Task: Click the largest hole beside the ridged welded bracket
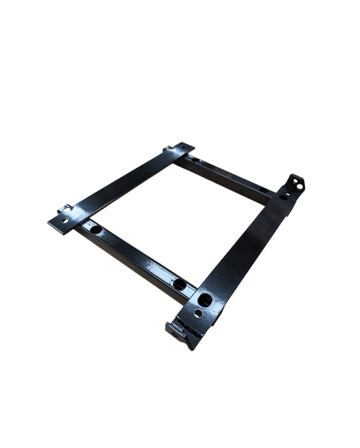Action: (x=205, y=300)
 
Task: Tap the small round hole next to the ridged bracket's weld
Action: (x=198, y=314)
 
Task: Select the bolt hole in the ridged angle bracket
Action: (x=175, y=335)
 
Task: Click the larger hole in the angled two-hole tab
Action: (x=300, y=186)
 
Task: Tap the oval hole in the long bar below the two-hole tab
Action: (x=283, y=197)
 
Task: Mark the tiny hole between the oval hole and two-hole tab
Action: (x=288, y=193)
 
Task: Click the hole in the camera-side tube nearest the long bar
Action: (x=179, y=284)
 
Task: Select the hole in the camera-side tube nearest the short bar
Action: (x=96, y=230)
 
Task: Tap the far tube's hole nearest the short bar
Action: (x=195, y=159)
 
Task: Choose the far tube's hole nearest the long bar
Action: (x=263, y=190)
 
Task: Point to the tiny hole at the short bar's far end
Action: (x=183, y=147)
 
